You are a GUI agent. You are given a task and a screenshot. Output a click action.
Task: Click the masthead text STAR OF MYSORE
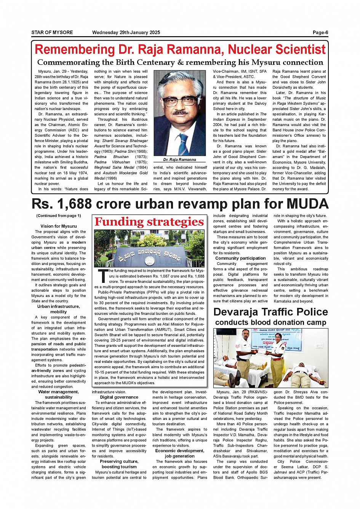pos(52,32)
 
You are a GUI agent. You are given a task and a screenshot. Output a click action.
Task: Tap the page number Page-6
pos(320,32)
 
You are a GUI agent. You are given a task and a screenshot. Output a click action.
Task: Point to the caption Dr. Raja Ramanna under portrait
pos(179,160)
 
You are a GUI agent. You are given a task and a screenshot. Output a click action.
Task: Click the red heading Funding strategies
pos(149,222)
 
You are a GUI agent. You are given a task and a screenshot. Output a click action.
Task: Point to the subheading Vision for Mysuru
pos(58,226)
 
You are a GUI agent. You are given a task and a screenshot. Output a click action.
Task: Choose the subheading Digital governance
pos(119,397)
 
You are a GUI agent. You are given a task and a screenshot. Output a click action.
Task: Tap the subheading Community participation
pos(240,258)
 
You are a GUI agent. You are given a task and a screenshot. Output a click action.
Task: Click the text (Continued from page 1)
pos(59,215)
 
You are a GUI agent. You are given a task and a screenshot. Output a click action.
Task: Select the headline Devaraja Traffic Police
pos(270,312)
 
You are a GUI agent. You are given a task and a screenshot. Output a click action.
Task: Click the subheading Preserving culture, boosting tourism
pos(119,464)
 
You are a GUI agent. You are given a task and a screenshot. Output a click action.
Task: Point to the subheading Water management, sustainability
pos(58,394)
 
